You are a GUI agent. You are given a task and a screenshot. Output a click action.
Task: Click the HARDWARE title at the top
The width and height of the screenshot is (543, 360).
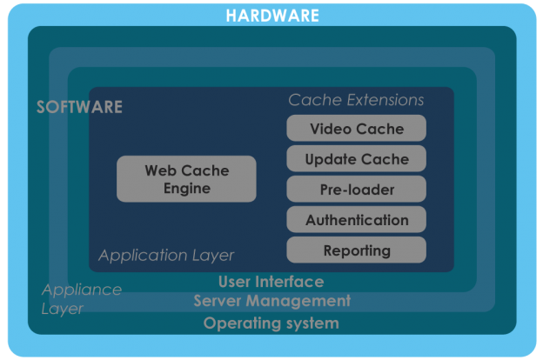[x=271, y=16]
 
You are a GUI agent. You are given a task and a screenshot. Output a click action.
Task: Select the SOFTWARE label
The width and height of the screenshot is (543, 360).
[x=79, y=108]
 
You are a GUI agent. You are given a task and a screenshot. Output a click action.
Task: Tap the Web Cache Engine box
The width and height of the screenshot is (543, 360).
[x=186, y=179]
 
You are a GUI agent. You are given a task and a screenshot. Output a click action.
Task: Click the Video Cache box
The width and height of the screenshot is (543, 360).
[x=357, y=129]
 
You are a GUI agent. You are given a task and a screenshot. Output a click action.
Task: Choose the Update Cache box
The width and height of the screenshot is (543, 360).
[x=357, y=159]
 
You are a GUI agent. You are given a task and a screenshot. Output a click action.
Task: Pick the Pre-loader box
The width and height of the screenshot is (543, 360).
[x=357, y=190]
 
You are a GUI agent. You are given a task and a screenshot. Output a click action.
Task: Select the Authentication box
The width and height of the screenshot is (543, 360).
[x=357, y=220]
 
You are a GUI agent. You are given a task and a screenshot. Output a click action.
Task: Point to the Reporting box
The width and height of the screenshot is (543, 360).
[x=357, y=250]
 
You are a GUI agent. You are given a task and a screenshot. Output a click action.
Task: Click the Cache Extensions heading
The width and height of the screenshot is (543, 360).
[x=356, y=100]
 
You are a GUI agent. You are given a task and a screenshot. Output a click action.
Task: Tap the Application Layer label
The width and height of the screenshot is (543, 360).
[x=166, y=256]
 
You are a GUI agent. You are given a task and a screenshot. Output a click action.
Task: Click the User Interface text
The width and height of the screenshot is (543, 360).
[x=271, y=282]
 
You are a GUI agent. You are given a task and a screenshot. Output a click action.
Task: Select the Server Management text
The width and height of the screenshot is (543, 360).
[x=271, y=301]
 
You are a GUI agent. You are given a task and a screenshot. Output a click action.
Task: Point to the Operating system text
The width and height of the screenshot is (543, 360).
[x=271, y=323]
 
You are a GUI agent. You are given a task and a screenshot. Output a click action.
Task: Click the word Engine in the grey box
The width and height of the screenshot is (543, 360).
[x=186, y=189]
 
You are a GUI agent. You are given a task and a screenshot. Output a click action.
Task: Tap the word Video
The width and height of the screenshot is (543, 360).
[x=331, y=129]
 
